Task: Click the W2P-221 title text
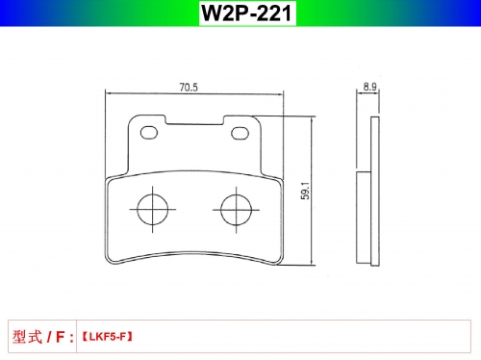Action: pos(247,13)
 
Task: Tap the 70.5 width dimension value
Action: pos(189,88)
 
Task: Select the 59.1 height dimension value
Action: pos(305,191)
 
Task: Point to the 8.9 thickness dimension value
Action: pos(369,87)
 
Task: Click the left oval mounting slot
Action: pos(149,132)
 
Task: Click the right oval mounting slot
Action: pos(240,133)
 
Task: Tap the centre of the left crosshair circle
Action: pos(153,210)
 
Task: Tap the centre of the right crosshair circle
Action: pos(237,210)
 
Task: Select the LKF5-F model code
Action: pos(108,337)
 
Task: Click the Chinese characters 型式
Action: pos(27,337)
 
